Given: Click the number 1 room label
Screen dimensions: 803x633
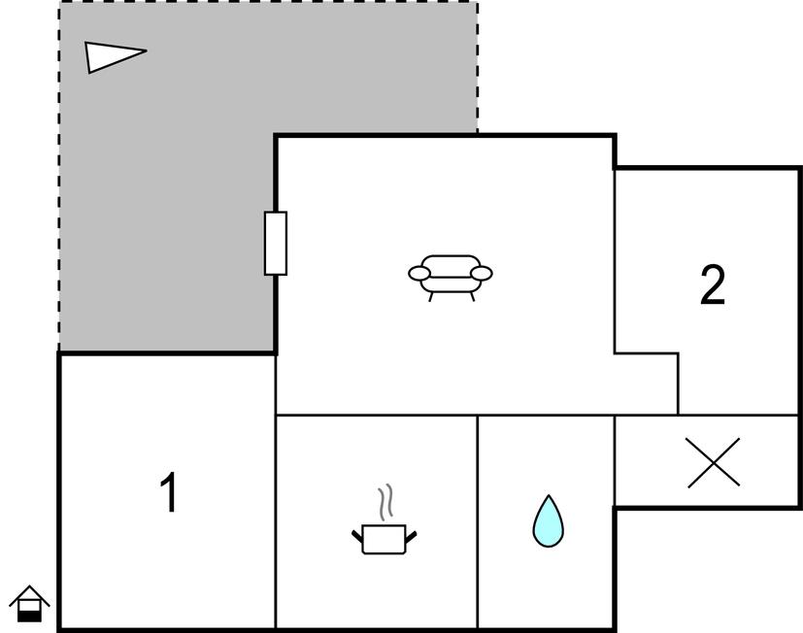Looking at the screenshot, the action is (170, 491).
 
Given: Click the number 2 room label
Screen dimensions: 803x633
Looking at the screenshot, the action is (713, 284).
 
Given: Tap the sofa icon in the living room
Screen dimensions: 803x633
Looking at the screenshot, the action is (451, 278).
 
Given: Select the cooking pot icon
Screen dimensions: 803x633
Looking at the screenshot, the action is (385, 539).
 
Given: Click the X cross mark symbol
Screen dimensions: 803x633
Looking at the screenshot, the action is (713, 462).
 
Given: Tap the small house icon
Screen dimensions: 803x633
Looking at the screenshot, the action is (29, 603).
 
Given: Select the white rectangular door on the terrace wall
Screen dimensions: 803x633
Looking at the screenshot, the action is (276, 244).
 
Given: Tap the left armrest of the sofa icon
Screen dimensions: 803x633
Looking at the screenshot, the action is (419, 274).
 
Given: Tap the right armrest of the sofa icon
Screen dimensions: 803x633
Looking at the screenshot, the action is (482, 274).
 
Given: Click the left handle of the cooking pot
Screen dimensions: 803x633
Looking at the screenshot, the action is (357, 536).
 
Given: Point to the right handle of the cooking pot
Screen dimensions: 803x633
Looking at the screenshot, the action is (411, 536).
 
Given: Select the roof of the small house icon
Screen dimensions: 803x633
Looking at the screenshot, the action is (29, 595).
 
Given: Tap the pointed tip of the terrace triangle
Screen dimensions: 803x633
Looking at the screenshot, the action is (147, 50).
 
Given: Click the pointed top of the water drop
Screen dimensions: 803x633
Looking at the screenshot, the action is (549, 495).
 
